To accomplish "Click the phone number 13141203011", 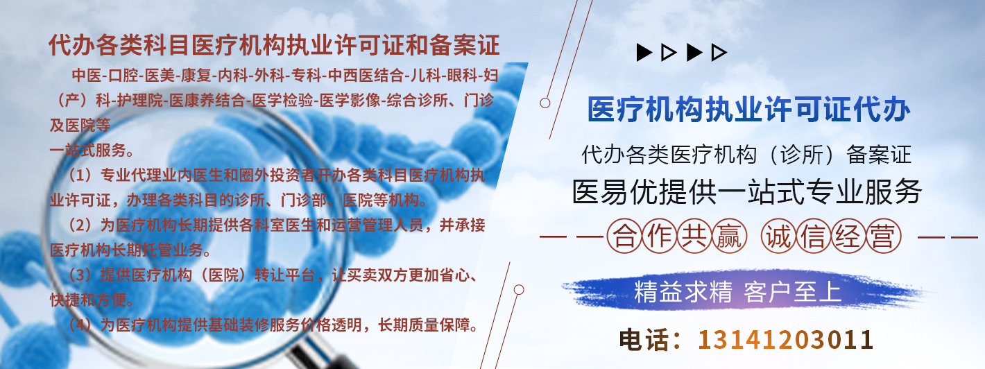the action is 785,340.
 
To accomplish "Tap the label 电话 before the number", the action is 644,340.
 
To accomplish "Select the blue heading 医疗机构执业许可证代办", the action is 748,109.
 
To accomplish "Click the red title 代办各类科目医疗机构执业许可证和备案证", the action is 275,45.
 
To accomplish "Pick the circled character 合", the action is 624,237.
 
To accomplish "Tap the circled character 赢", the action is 730,237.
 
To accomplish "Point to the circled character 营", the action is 884,237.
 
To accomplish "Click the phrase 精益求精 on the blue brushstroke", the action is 683,291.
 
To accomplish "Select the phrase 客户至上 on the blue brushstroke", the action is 792,291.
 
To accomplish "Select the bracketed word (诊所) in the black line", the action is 801,155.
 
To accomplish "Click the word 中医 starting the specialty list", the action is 87,76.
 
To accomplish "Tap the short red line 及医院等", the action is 80,126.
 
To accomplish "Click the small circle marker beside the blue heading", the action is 545,103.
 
